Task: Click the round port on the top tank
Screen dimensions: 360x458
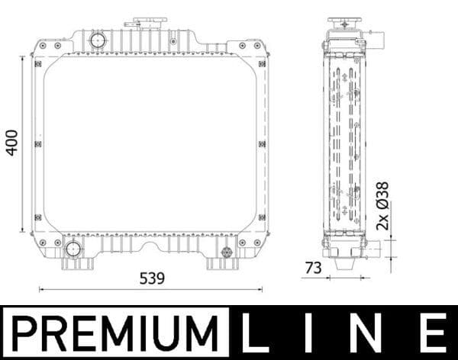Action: click(98, 40)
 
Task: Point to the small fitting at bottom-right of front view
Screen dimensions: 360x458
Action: click(226, 252)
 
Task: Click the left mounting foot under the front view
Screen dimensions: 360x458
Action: click(77, 264)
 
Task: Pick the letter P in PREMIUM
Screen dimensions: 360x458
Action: click(24, 333)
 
